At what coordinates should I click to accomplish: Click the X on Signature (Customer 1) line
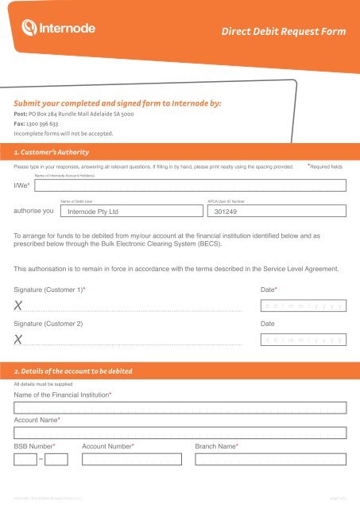click(x=18, y=306)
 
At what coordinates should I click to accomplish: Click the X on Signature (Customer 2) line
click(x=18, y=340)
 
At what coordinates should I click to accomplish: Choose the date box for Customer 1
click(x=303, y=305)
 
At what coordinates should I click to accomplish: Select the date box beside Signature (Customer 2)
click(x=303, y=340)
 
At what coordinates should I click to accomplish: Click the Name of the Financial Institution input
click(x=180, y=408)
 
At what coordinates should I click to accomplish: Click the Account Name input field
click(x=180, y=433)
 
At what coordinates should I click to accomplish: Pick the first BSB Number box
click(x=25, y=459)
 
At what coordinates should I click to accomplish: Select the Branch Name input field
click(x=270, y=459)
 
